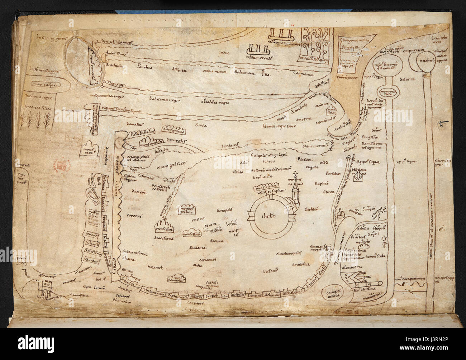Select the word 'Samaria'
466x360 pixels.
[199, 248]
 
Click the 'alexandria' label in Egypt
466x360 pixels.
[362, 267]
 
